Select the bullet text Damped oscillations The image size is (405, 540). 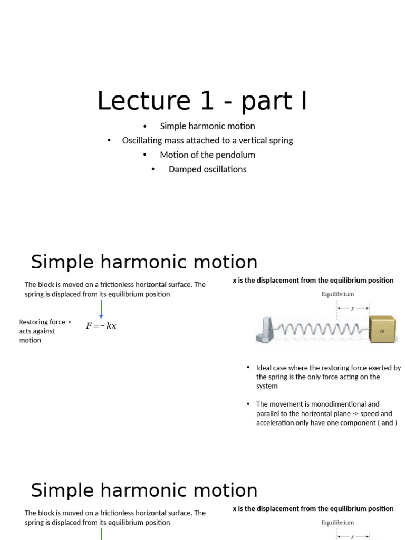coord(207,169)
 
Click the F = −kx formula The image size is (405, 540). coord(101,326)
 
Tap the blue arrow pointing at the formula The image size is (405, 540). coord(101,309)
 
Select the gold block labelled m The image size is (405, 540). coord(383,330)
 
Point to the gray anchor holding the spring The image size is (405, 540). coord(266,330)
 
